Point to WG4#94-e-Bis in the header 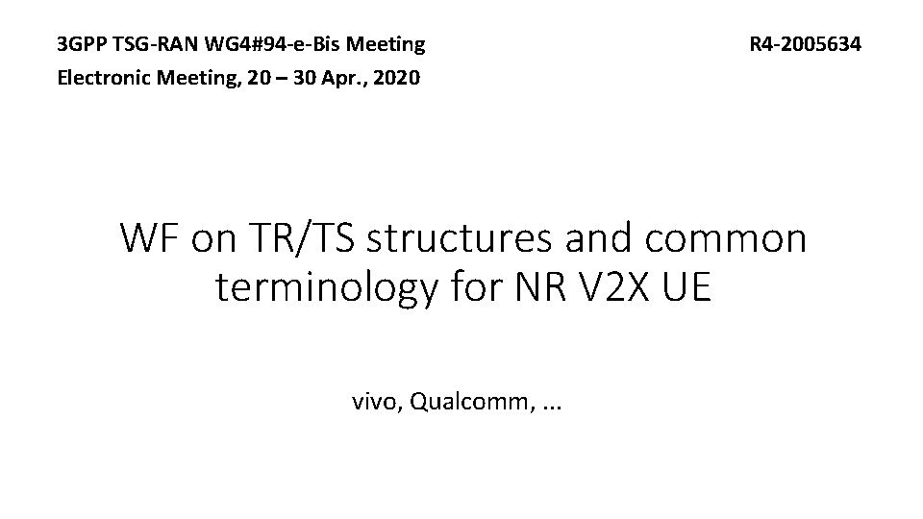[280, 44]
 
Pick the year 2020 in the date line [395, 78]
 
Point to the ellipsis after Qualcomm [552, 406]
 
